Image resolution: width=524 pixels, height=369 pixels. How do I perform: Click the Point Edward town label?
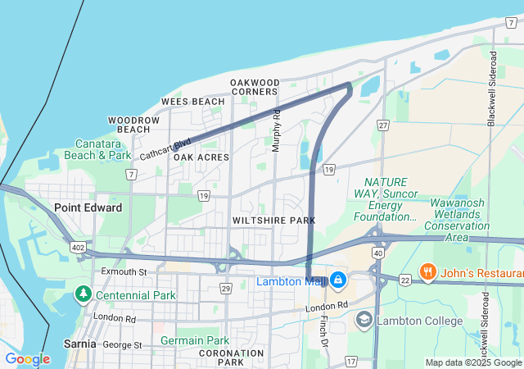(x=88, y=207)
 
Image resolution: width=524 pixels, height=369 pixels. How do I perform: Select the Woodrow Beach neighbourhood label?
(x=133, y=125)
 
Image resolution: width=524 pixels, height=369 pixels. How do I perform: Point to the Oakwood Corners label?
(x=255, y=87)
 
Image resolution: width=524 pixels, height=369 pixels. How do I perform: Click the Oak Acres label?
(x=201, y=157)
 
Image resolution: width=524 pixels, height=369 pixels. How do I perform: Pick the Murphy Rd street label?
(x=277, y=130)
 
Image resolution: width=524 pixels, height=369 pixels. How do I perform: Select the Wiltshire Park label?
(x=273, y=221)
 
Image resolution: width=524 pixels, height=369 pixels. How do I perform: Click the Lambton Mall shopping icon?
(x=337, y=281)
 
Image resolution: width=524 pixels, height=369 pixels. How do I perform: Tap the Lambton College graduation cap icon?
(x=364, y=321)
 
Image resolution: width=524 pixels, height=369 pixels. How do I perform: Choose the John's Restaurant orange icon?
(x=427, y=271)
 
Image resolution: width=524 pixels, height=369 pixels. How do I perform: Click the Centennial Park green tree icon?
(x=83, y=294)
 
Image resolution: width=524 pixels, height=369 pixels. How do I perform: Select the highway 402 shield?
(x=79, y=246)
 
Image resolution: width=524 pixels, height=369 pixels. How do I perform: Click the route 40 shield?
(x=377, y=253)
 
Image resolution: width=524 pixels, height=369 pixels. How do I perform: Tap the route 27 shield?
(x=382, y=125)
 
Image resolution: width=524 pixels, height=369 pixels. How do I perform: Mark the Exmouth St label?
(x=124, y=271)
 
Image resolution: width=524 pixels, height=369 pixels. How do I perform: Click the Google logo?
(x=27, y=359)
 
